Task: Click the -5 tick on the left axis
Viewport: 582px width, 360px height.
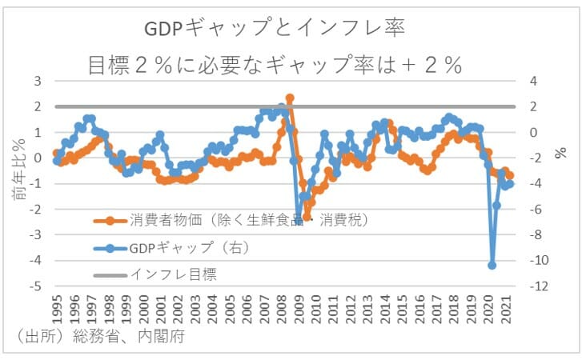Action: coord(35,286)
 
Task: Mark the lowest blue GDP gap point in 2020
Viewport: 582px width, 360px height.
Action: coord(492,266)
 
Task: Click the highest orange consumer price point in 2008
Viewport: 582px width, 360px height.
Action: coord(290,98)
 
